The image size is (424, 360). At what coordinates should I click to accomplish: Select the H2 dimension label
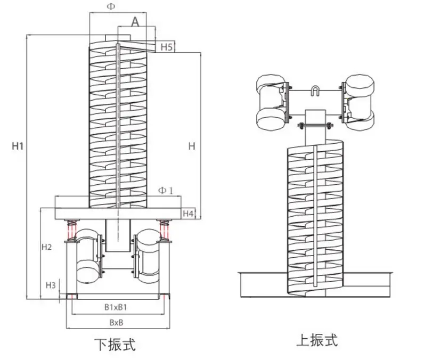pyautogui.click(x=47, y=247)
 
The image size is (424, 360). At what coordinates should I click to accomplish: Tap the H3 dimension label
pyautogui.click(x=51, y=285)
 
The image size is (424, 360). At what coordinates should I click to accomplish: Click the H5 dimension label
pyautogui.click(x=167, y=47)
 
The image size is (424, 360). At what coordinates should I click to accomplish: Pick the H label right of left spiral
pyautogui.click(x=192, y=146)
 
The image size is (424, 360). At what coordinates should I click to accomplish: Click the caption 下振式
pyautogui.click(x=115, y=345)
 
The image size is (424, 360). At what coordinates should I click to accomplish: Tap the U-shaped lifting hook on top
pyautogui.click(x=315, y=91)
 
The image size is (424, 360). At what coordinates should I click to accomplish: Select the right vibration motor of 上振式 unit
pyautogui.click(x=358, y=101)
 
